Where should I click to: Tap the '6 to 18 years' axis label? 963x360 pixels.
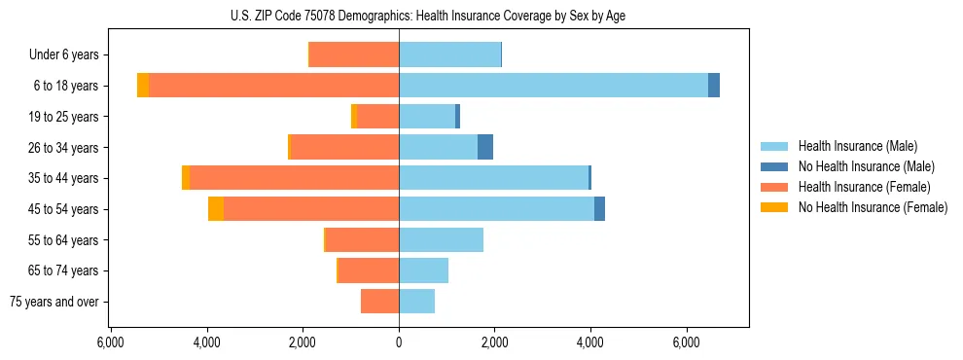(66, 86)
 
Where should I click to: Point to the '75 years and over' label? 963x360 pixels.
(54, 302)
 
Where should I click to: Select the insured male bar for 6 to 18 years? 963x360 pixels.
(553, 86)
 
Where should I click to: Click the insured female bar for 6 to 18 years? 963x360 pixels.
(273, 86)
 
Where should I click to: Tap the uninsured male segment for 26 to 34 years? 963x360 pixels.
(485, 147)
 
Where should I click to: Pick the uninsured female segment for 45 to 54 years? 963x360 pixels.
(216, 209)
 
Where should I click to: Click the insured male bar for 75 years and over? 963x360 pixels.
(416, 302)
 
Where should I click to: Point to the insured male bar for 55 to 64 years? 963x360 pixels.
(441, 239)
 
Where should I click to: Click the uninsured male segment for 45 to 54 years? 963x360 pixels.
(599, 209)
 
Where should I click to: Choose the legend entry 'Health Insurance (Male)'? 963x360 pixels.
(857, 146)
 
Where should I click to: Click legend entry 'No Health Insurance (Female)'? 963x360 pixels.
(873, 207)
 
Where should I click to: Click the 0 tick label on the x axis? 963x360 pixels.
(399, 342)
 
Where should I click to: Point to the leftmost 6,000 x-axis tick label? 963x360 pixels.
(111, 342)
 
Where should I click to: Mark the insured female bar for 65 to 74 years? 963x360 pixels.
(369, 270)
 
